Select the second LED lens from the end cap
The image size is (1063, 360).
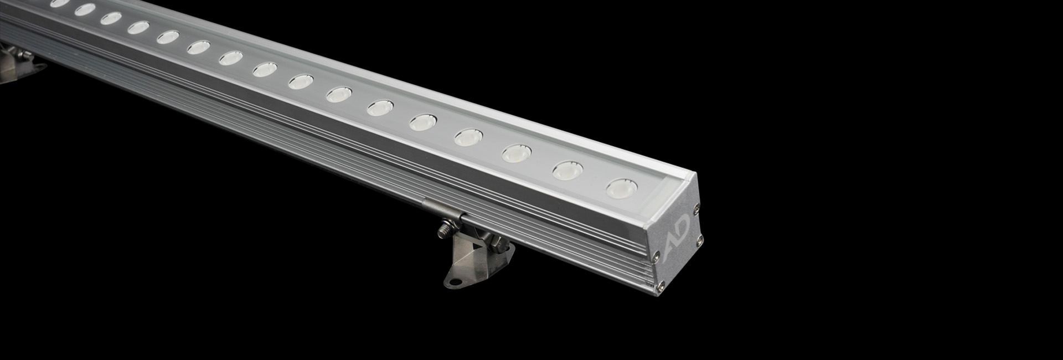[x=568, y=170]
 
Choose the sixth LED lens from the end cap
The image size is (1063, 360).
[x=380, y=107]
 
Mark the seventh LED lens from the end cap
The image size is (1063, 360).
[x=339, y=94]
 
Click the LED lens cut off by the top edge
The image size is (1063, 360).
[x=59, y=3]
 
